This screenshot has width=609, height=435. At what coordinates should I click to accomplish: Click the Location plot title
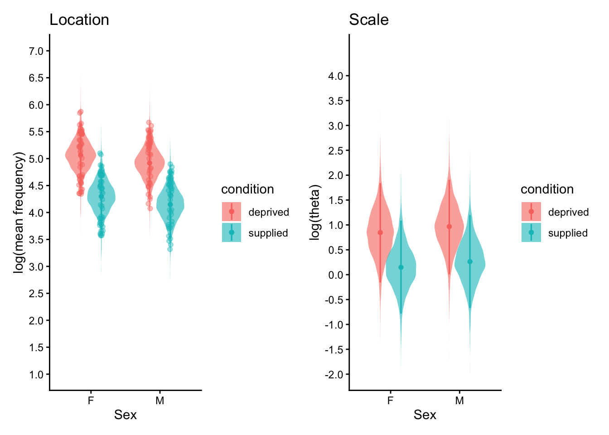[79, 20]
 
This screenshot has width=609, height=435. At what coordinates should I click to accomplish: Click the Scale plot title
[368, 20]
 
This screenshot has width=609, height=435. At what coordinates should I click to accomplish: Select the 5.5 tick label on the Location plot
[36, 132]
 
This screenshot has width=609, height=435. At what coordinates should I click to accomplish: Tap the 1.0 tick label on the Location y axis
[36, 375]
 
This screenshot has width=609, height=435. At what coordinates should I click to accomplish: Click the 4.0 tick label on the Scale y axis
[336, 76]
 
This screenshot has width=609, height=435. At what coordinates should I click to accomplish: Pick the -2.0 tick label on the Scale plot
[334, 375]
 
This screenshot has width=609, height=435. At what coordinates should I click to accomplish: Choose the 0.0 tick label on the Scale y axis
[336, 275]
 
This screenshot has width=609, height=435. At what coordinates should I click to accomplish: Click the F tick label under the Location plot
[91, 401]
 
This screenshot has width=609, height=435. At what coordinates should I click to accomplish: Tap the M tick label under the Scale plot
[459, 401]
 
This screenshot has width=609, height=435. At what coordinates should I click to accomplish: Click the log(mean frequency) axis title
[19, 213]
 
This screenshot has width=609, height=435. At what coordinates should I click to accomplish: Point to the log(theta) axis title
[315, 213]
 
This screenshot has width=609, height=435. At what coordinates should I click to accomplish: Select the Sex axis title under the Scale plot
[425, 415]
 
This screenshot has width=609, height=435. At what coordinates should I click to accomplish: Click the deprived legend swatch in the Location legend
[232, 212]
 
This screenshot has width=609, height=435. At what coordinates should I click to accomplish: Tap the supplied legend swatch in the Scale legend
[531, 232]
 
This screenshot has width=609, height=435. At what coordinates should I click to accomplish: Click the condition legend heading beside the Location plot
[247, 189]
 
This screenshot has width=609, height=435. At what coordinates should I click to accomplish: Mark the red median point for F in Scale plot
[380, 232]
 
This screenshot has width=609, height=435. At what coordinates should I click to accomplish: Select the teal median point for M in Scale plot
[470, 261]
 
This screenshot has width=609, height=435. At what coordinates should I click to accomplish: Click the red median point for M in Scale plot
[449, 227]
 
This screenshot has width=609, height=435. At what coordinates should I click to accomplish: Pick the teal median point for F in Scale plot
[401, 267]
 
